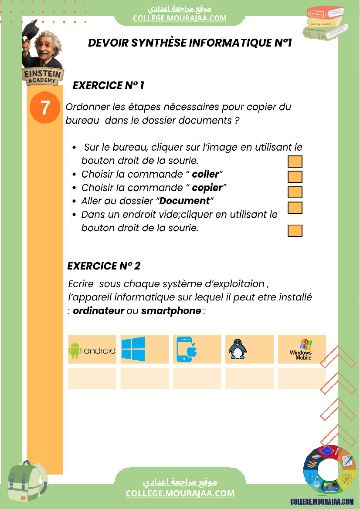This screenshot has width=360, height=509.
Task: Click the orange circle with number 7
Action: pyautogui.click(x=45, y=108)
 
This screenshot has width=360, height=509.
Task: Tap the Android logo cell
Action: pyautogui.click(x=92, y=349)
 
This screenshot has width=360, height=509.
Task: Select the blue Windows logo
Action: pyautogui.click(x=133, y=349)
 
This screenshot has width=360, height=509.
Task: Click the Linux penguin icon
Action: pyautogui.click(x=238, y=349)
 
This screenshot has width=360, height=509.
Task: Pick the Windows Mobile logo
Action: pyautogui.click(x=302, y=349)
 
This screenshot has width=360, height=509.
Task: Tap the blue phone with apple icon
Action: pyautogui.click(x=187, y=349)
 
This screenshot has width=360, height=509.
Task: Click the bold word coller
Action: pyautogui.click(x=205, y=174)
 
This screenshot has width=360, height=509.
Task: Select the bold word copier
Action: pyautogui.click(x=207, y=188)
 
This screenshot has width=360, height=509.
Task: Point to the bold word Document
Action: pyautogui.click(x=185, y=201)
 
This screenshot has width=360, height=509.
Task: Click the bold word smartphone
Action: pyautogui.click(x=171, y=311)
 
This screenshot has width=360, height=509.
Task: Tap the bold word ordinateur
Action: pyautogui.click(x=98, y=311)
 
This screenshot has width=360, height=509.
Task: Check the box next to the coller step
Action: pyautogui.click(x=295, y=177)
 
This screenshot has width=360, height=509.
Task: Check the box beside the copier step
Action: pyautogui.click(x=295, y=192)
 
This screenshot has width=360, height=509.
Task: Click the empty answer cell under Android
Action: pyautogui.click(x=92, y=378)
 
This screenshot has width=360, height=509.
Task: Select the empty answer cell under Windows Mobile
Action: pyautogui.click(x=302, y=378)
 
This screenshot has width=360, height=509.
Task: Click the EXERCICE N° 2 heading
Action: pyautogui.click(x=104, y=266)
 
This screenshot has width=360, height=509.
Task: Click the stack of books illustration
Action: pyautogui.click(x=326, y=23)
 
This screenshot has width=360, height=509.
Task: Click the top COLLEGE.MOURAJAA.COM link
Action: pyautogui.click(x=180, y=18)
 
